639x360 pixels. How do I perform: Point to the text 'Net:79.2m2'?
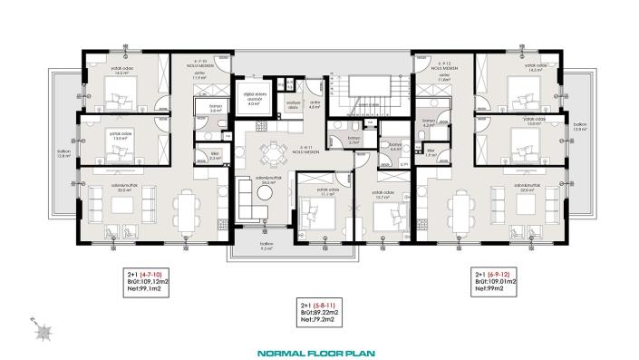pos(319,319)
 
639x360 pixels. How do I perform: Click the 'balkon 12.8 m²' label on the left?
pos(63,154)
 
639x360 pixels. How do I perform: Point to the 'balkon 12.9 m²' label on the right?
pos(580,128)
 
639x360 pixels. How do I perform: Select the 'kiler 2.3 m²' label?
pos(214,156)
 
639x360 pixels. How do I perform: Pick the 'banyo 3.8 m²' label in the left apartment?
pos(216,108)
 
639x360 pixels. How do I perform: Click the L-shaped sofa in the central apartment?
pos(247,194)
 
